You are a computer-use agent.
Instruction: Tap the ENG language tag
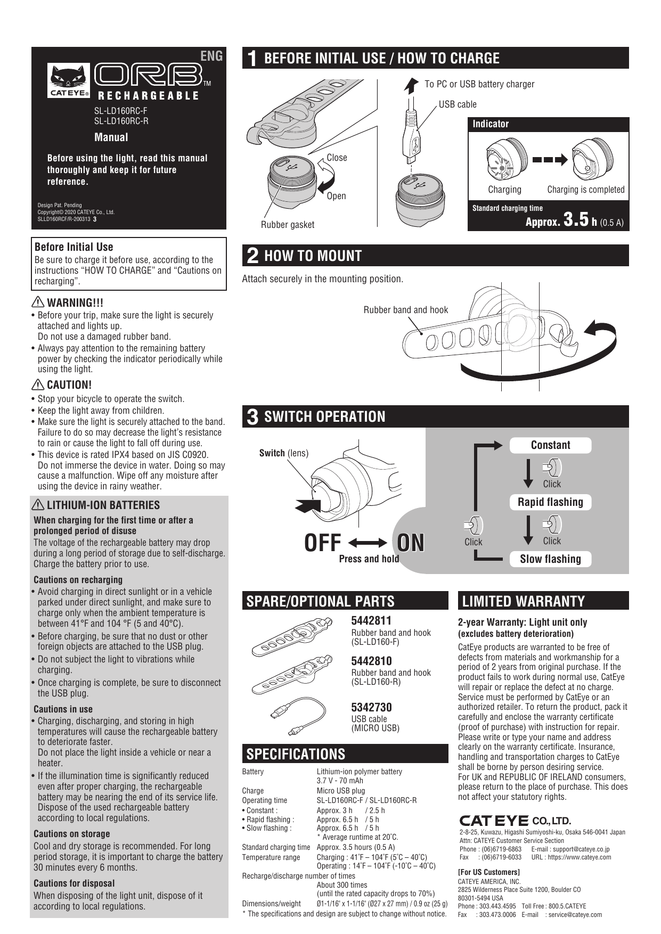click(x=211, y=56)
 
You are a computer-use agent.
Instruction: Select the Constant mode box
click(x=550, y=445)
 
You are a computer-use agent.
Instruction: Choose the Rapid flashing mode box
click(x=550, y=502)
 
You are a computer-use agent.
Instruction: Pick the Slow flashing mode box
click(x=550, y=559)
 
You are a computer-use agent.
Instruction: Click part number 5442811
click(x=371, y=620)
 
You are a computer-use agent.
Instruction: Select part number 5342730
click(x=371, y=708)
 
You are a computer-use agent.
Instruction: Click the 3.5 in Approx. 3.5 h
click(x=576, y=220)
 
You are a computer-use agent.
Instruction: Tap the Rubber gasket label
click(x=287, y=225)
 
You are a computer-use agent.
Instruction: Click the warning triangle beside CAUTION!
click(x=39, y=384)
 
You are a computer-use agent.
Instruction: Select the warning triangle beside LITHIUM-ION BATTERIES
click(x=39, y=505)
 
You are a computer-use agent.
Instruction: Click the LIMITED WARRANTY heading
click(x=523, y=602)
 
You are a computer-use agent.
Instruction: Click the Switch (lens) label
click(x=283, y=453)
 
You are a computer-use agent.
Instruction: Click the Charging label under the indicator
click(x=504, y=190)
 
